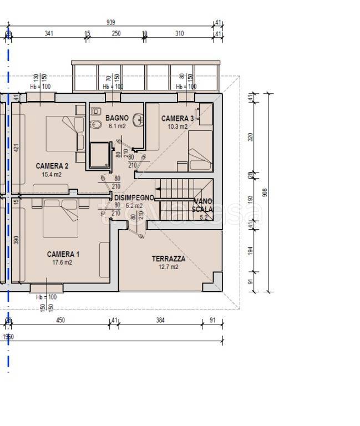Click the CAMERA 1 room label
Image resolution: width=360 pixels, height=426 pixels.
(x=63, y=255)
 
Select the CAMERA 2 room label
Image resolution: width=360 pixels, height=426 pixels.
(x=52, y=166)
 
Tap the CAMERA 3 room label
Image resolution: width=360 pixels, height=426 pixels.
(x=178, y=119)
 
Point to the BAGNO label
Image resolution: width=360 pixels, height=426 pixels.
(x=117, y=118)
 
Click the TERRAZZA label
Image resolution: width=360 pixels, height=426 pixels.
(x=169, y=259)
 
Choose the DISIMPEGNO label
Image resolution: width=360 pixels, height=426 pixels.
(x=134, y=198)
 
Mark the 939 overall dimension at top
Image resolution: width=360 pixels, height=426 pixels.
(x=110, y=23)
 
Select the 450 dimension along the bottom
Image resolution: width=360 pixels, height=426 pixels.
(x=60, y=320)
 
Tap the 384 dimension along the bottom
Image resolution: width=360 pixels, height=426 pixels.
(x=160, y=320)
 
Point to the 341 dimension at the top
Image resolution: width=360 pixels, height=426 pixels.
(x=48, y=34)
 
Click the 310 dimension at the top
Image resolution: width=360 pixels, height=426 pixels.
(x=179, y=34)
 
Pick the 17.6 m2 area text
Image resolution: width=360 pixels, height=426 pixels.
(x=62, y=262)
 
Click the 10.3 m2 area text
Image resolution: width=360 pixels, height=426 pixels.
(x=178, y=126)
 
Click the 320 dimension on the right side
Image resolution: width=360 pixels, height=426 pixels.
(x=250, y=137)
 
